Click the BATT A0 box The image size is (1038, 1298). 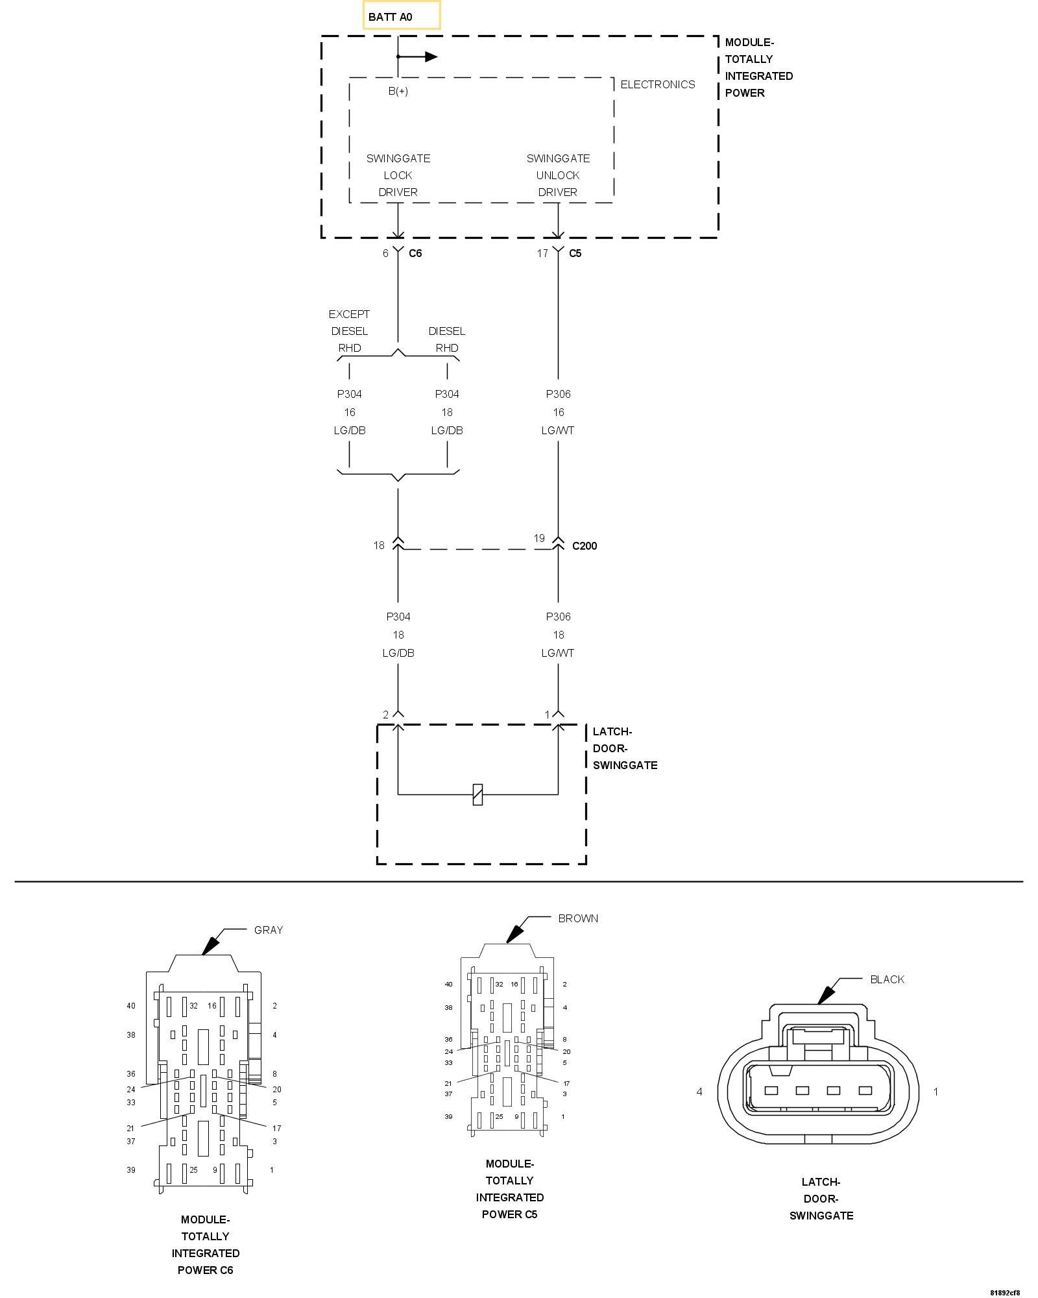point(401,16)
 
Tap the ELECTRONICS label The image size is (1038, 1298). point(657,84)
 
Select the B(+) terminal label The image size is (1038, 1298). point(398,92)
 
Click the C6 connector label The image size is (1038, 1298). point(415,253)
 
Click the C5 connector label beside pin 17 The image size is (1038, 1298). point(575,253)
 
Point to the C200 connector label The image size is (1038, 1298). point(585,546)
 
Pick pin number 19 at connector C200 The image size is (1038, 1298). point(539,538)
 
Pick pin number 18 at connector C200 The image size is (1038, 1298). point(379,545)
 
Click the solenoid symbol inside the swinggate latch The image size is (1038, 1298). point(477,794)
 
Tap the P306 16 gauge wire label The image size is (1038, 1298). point(558,412)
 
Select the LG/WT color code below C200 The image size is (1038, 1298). point(558,653)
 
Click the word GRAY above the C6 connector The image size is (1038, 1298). point(269,930)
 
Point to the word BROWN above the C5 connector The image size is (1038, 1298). point(578,918)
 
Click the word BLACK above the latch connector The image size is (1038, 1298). point(887,979)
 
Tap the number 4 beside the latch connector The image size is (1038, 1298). point(699,1092)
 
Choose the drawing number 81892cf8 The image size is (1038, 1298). point(1005,1292)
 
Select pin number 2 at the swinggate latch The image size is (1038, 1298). point(386,715)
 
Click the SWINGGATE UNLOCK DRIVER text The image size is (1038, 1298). point(558,175)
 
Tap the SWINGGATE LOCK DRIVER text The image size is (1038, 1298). point(398,175)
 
